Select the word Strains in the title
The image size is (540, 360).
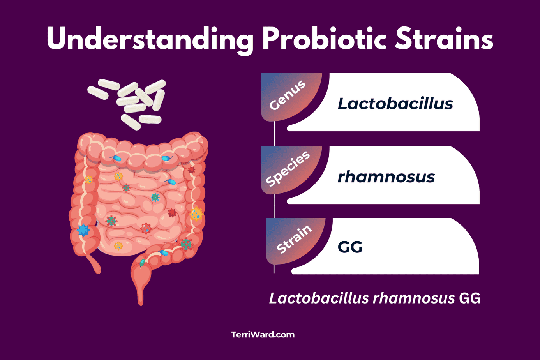coord(444,39)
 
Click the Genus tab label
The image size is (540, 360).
coord(288,96)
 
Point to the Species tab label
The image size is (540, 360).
coord(288,168)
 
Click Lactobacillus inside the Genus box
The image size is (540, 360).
coord(395,104)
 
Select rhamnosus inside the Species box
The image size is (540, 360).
coord(386,177)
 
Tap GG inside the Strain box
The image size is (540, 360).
coord(350,247)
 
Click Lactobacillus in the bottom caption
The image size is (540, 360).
coord(319,298)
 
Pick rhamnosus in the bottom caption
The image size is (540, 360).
coord(413,298)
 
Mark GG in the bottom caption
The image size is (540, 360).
coord(469,298)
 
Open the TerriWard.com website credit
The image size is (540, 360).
coord(263,335)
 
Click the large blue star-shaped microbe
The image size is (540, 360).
coord(83,230)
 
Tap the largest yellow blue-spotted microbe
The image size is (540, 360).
coord(196,214)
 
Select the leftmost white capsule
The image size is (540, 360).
coord(97,93)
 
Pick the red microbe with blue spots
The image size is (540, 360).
coord(146,228)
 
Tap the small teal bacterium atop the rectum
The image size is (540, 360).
coord(142,263)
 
